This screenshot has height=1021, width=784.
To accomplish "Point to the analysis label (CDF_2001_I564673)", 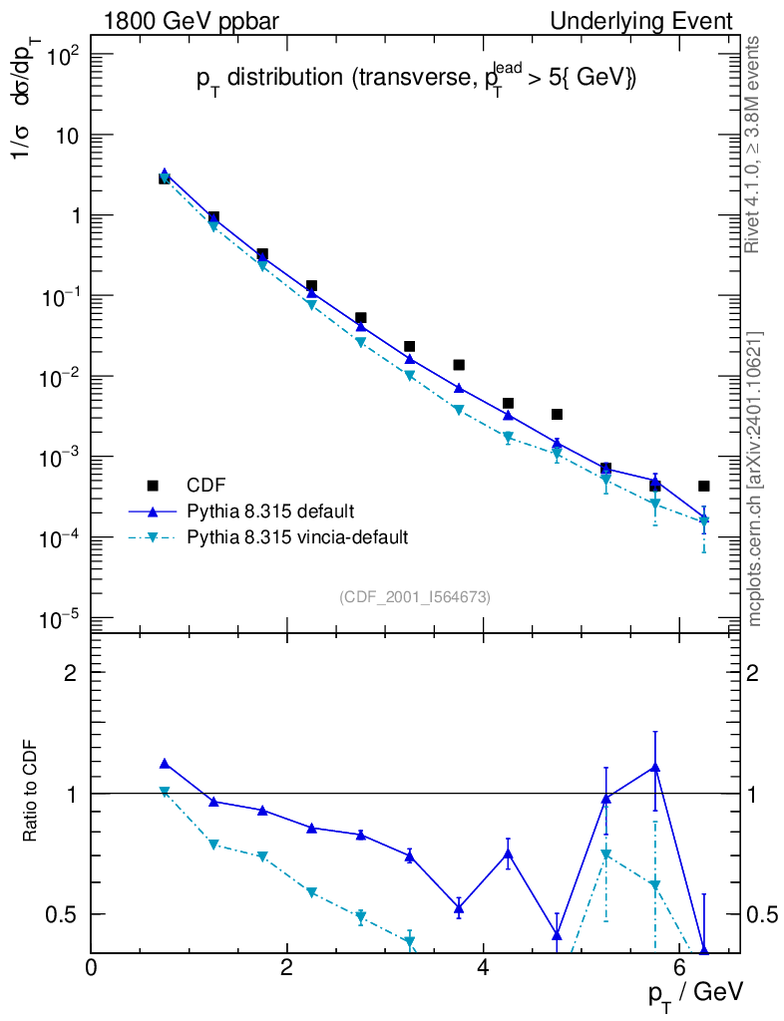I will click(x=415, y=596).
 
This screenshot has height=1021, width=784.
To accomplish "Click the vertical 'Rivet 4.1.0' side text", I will click(x=755, y=145).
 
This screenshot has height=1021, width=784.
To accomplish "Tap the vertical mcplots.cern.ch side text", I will click(x=755, y=479).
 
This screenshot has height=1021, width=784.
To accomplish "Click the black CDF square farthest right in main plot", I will click(x=703, y=486).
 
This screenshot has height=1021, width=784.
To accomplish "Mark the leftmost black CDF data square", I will click(x=165, y=178).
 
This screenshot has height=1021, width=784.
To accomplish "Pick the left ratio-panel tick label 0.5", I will click(x=67, y=914).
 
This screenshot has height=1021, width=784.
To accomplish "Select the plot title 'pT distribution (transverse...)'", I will click(x=415, y=81).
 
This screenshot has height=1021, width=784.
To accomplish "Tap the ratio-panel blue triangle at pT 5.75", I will click(x=654, y=767).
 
